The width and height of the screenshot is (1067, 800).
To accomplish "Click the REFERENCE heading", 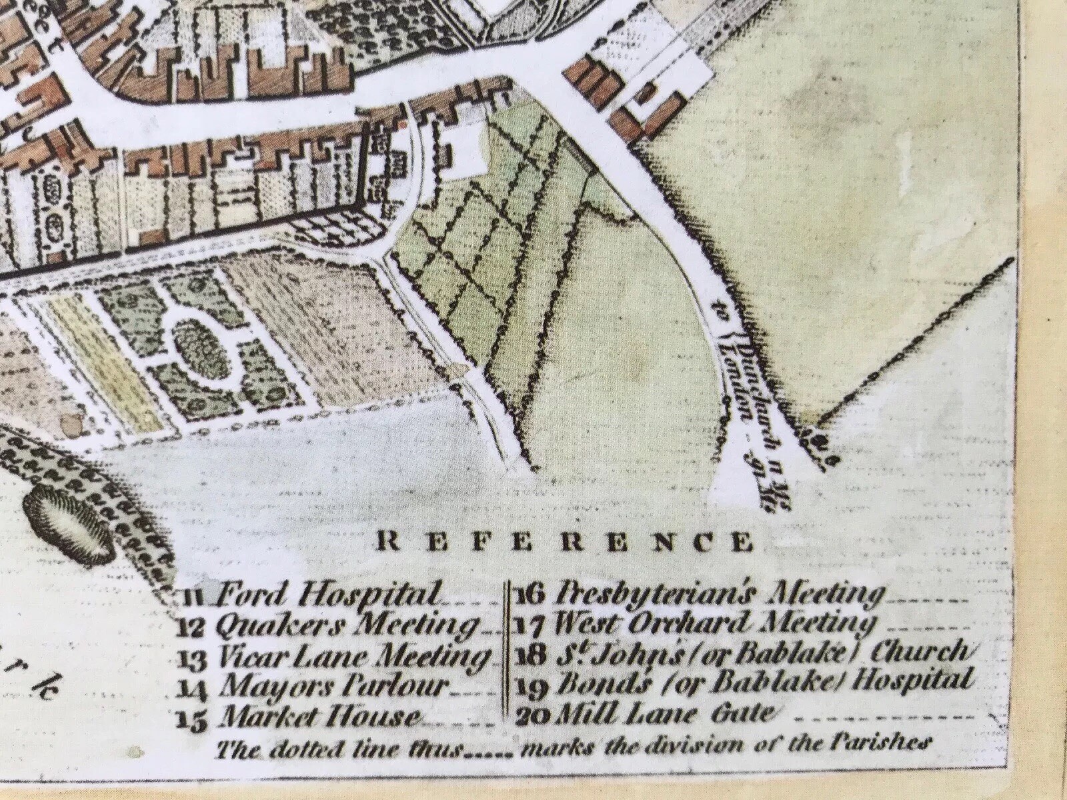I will pos(564,542).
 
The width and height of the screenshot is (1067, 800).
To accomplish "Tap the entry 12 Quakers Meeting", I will pos(328,625).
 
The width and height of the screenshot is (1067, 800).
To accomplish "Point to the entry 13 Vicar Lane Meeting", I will pos(333,657).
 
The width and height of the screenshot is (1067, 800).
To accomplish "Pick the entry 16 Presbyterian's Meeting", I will pos(700,593).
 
